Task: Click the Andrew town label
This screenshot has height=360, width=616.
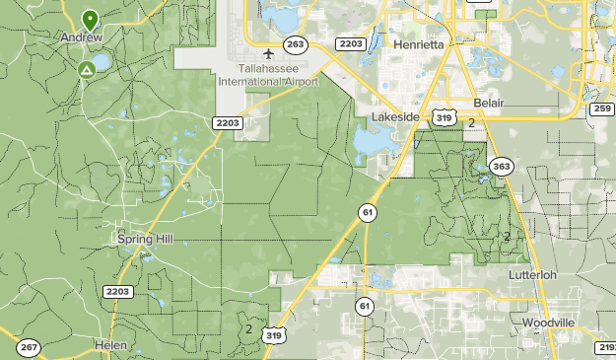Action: click(82, 36)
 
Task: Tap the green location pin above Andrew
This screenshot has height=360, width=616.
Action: click(90, 20)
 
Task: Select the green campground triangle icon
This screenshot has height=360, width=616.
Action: click(87, 70)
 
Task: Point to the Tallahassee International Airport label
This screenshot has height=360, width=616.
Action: click(279, 74)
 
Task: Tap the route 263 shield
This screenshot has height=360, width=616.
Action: click(294, 44)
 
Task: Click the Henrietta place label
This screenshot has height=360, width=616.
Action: click(418, 45)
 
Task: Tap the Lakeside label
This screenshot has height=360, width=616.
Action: click(395, 117)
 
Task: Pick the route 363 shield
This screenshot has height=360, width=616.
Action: click(502, 166)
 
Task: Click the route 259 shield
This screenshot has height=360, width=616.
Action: click(602, 108)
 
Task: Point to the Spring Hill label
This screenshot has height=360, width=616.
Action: click(145, 239)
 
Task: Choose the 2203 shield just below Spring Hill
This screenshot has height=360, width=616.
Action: click(117, 292)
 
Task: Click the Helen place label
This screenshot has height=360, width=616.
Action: click(111, 344)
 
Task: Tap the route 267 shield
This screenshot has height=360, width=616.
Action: click(29, 347)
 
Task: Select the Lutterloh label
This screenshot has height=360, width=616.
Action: click(533, 274)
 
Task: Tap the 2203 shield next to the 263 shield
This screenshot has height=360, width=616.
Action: click(350, 44)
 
